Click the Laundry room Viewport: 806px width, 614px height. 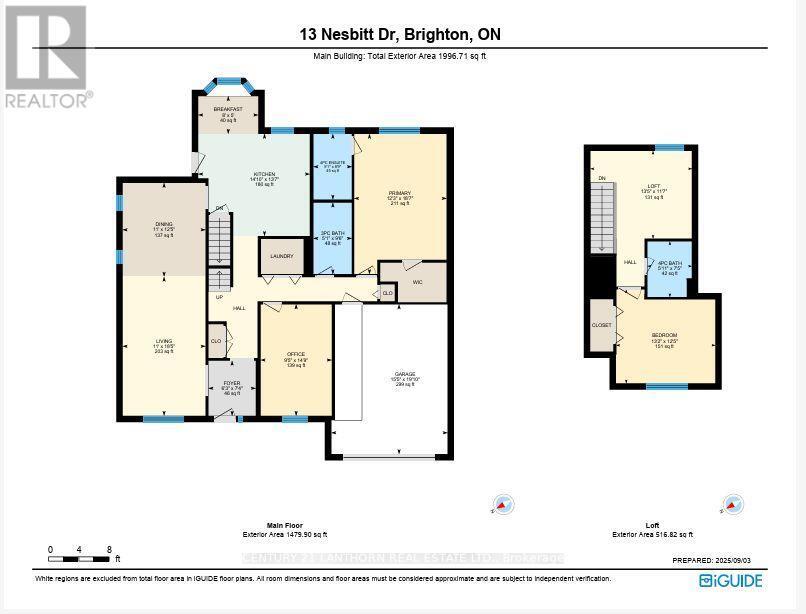281,256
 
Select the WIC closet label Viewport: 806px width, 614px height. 419,283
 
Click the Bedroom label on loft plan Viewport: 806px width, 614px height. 665,338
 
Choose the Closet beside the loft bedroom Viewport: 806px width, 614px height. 601,325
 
